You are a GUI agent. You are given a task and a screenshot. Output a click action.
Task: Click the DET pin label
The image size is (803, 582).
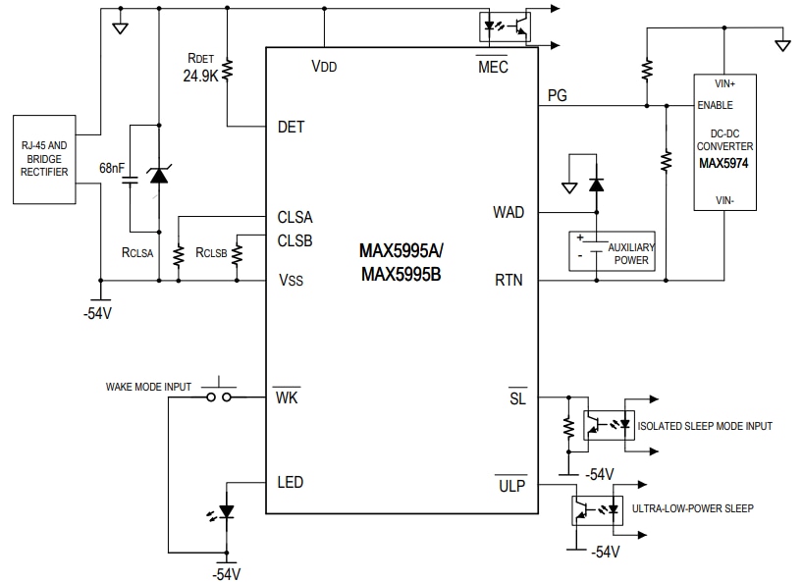291,127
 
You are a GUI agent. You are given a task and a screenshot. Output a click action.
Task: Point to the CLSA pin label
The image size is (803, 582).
295,218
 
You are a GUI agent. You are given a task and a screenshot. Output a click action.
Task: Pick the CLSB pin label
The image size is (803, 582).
295,240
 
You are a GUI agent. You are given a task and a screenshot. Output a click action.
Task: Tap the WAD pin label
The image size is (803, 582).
509,212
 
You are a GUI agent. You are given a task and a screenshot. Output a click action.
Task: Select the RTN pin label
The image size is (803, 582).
509,281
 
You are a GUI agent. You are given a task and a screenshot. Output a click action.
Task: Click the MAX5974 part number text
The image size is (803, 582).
723,163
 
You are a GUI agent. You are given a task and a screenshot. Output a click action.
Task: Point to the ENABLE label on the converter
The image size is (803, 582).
716,105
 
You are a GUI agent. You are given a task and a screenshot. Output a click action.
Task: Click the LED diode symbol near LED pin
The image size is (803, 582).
227,511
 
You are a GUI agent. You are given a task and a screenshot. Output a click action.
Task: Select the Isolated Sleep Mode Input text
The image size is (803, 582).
705,426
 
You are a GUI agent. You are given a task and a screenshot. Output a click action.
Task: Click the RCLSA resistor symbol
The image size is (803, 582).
178,255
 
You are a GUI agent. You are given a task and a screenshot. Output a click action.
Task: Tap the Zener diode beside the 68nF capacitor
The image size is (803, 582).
158,175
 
